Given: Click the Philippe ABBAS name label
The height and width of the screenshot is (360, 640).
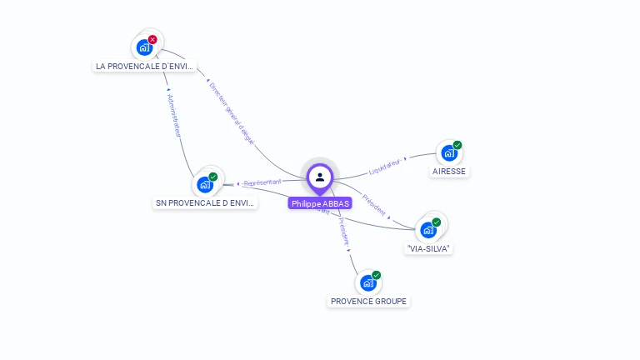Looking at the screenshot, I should click(320, 203).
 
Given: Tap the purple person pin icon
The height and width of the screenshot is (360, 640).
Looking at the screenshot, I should click(320, 177).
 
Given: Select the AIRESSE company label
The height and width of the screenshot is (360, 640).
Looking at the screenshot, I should click(450, 172).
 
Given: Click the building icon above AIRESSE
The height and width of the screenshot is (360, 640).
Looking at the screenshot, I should click(449, 153).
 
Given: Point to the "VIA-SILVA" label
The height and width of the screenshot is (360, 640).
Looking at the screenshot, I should click(429, 248).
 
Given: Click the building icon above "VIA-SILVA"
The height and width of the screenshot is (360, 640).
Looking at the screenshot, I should click(428, 230).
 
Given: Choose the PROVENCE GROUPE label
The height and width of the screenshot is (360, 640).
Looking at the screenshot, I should click(369, 301).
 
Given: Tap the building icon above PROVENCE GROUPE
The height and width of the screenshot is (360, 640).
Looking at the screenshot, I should click(368, 283).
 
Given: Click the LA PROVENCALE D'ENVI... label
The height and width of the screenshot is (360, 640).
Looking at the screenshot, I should click(144, 66).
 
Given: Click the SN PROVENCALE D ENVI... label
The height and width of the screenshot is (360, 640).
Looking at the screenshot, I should click(205, 202).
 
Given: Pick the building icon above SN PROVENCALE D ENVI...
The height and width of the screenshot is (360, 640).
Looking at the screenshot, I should click(205, 184).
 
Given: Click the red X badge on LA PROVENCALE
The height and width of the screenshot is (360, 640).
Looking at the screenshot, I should click(152, 39).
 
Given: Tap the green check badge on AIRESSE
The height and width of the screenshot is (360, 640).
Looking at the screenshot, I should click(457, 145).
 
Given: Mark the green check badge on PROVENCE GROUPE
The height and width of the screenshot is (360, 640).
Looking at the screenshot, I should click(377, 275).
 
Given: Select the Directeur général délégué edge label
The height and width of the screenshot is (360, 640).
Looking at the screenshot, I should click(231, 113).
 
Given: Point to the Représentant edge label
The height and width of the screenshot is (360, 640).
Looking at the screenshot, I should click(262, 182).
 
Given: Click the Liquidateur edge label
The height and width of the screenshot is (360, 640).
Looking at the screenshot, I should click(384, 166).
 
